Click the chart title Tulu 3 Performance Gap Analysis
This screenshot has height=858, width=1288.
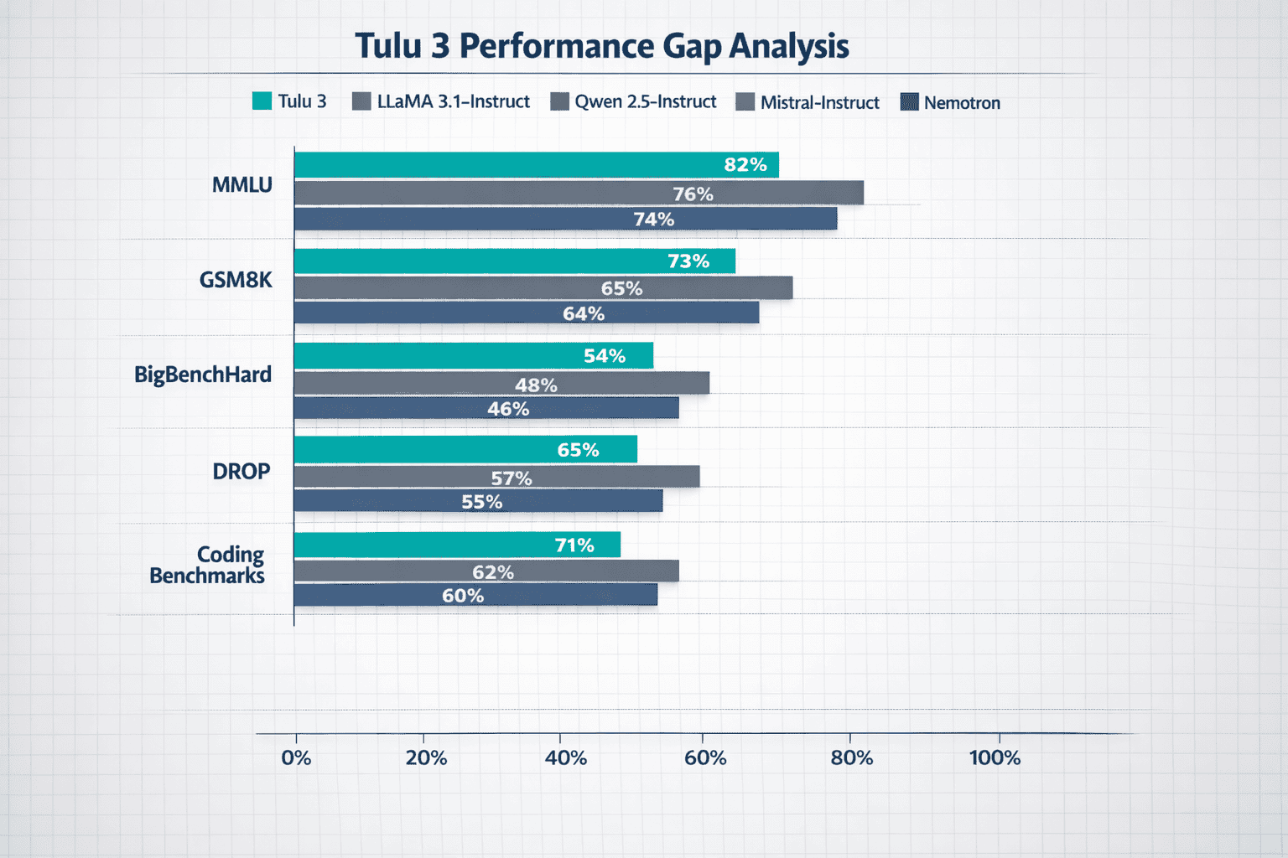601,46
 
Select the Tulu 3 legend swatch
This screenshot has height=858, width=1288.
262,101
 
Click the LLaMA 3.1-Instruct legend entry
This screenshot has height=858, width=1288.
443,102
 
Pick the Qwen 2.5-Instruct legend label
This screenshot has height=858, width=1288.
645,102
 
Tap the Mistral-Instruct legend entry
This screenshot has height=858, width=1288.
819,103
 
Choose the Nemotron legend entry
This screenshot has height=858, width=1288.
961,103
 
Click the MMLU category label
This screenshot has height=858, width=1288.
241,184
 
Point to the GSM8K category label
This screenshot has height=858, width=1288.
236,280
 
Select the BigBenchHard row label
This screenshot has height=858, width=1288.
203,374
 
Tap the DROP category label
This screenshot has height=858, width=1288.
241,471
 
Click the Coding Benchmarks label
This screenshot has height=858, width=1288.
207,565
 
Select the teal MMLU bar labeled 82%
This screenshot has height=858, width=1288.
537,165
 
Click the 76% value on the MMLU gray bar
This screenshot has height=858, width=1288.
693,194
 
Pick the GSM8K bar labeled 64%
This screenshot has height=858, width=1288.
526,313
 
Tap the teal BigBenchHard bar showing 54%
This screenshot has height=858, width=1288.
473,356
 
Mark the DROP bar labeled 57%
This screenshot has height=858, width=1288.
496,478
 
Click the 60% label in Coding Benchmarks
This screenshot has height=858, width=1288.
463,596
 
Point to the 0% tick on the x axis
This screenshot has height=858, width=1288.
296,758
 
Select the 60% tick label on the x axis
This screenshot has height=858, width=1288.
705,758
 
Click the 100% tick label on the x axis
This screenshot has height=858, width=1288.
995,758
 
